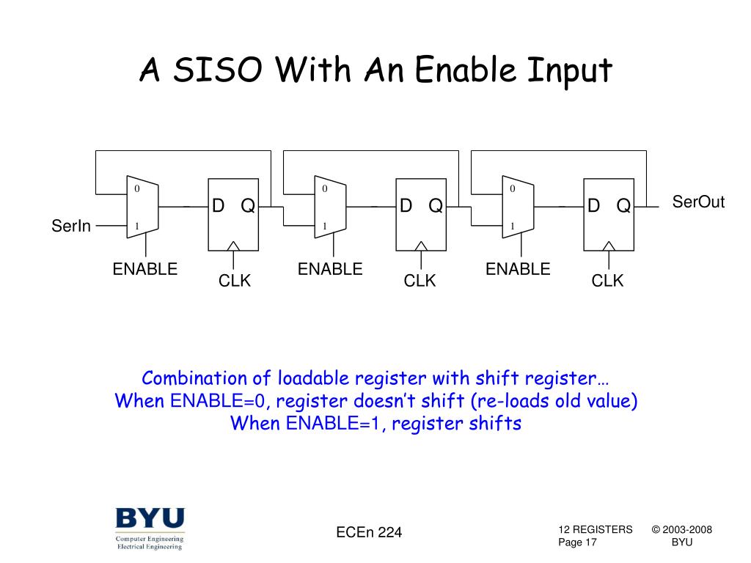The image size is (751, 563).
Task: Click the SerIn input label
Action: click(x=71, y=226)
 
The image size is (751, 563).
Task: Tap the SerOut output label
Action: click(x=698, y=202)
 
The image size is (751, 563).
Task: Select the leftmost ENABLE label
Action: click(x=144, y=269)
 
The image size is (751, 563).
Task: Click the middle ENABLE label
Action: click(x=330, y=269)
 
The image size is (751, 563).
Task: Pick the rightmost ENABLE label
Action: click(x=518, y=269)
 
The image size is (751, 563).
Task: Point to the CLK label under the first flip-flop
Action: click(x=235, y=281)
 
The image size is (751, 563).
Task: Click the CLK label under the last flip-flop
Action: click(x=607, y=281)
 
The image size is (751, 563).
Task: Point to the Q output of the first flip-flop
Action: click(x=248, y=206)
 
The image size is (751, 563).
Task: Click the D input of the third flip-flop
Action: click(x=593, y=206)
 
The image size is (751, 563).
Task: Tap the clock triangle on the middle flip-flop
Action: click(x=421, y=246)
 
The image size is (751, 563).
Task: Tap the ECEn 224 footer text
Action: click(x=369, y=532)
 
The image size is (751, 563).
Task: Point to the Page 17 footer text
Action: click(x=578, y=542)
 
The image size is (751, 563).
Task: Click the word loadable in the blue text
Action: click(x=313, y=379)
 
